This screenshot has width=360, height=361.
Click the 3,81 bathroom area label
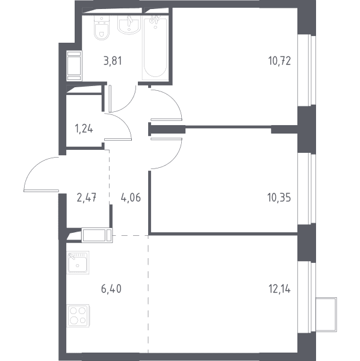(113, 61)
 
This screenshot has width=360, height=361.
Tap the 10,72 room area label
(279, 61)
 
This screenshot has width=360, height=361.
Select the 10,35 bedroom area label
(279, 197)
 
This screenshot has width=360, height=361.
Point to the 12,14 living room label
(279, 289)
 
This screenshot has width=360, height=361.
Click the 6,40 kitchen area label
(111, 289)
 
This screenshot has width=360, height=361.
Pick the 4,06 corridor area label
(131, 197)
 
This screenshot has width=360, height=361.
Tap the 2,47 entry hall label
(86, 197)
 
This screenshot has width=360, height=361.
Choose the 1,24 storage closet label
(84, 129)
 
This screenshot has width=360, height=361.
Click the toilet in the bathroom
(102, 28)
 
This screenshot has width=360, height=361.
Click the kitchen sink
(78, 262)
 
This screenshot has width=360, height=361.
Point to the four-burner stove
(78, 316)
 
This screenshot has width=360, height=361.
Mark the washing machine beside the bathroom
(74, 66)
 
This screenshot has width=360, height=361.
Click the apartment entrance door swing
(42, 174)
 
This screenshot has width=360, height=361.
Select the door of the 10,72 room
(166, 105)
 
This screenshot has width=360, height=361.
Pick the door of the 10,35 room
(166, 153)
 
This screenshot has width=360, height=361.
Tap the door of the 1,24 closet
(118, 126)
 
